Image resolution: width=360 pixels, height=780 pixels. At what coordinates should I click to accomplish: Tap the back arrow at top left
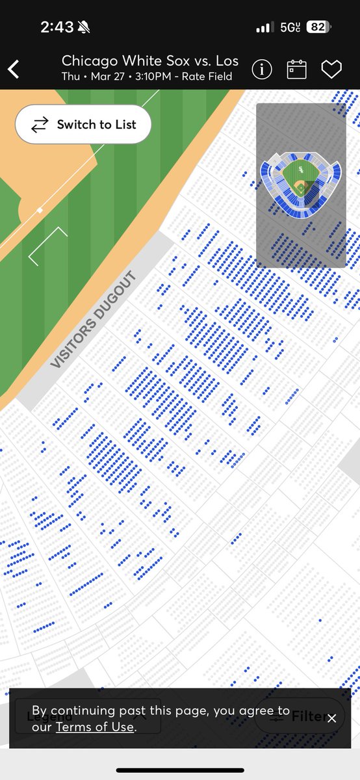(x=14, y=69)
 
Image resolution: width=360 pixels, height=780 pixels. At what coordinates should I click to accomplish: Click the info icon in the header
(x=262, y=69)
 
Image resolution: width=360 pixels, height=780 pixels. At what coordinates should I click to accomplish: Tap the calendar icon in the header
(x=297, y=69)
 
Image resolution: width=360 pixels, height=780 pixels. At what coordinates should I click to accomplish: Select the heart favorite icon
(x=331, y=69)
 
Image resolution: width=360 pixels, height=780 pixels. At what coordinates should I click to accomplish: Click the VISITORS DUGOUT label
(x=94, y=320)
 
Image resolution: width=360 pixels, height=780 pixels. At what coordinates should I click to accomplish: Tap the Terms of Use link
(x=94, y=727)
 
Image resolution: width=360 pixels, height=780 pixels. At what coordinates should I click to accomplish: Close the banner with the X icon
(x=332, y=718)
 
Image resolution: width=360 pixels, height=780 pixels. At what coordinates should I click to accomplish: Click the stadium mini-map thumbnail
(x=301, y=185)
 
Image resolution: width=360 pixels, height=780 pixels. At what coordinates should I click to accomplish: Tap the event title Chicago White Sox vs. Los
(x=150, y=61)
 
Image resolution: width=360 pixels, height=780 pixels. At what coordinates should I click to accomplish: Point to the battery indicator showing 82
(x=318, y=27)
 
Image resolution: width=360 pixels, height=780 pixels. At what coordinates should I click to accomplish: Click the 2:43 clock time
(x=57, y=27)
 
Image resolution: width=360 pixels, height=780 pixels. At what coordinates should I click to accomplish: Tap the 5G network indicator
(x=290, y=27)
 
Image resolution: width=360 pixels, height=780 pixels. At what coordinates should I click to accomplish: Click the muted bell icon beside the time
(x=84, y=27)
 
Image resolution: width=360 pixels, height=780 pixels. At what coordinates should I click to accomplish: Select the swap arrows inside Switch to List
(x=40, y=124)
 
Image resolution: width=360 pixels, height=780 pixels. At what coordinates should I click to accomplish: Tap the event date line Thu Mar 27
(x=147, y=77)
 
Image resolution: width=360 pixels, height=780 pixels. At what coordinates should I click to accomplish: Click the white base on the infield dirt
(x=40, y=210)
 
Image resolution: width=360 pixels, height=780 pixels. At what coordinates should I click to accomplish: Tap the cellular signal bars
(x=264, y=27)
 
